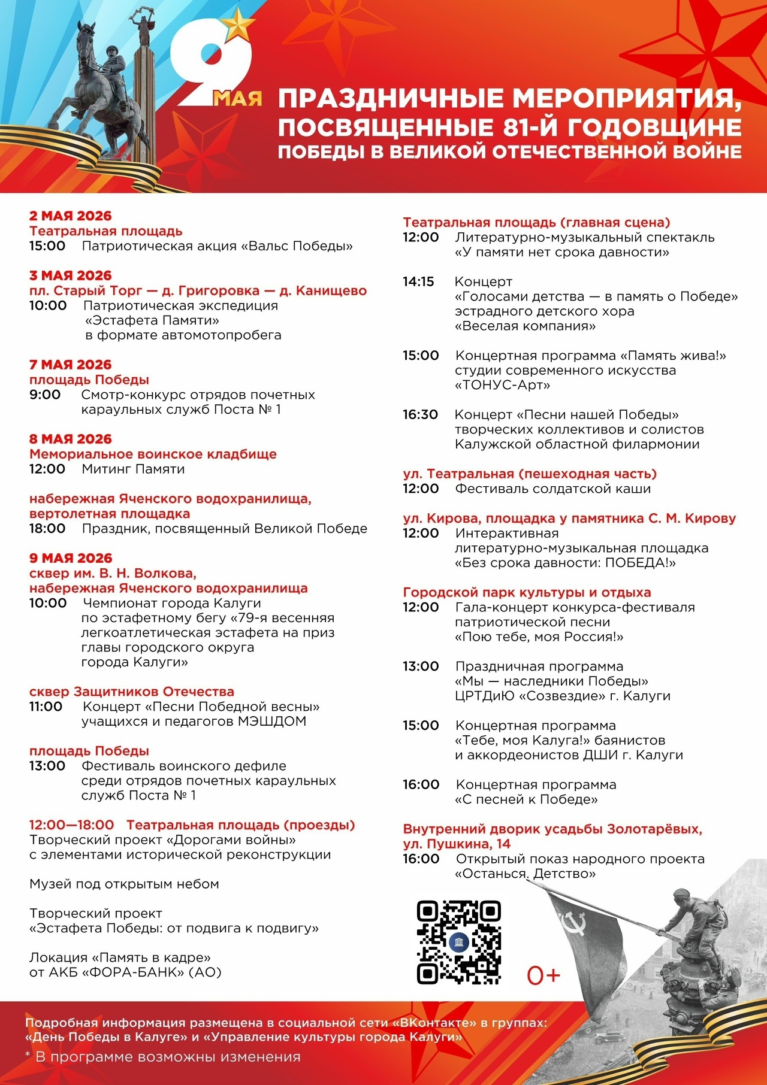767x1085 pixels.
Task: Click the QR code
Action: click(458, 942)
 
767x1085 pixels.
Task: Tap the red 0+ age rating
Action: click(543, 975)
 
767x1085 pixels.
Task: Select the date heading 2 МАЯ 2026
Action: click(71, 216)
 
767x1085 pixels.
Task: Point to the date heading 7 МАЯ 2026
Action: click(71, 365)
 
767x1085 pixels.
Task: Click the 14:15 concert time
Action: click(418, 281)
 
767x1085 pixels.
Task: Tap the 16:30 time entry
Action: click(420, 414)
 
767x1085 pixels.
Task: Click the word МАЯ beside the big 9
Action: click(238, 98)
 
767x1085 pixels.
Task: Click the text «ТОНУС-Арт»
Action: click(502, 385)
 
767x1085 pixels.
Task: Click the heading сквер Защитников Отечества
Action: click(132, 692)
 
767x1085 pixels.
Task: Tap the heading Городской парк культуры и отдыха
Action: click(527, 592)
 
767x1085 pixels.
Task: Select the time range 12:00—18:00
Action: click(71, 825)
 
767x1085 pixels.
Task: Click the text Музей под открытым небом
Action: click(124, 884)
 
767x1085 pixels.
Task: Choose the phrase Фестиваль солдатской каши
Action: click(552, 489)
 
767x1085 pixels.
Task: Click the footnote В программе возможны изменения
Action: click(168, 1057)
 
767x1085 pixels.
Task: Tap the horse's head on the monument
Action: click(87, 35)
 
